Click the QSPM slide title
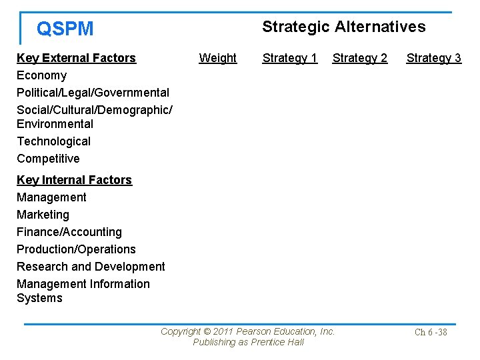tap(65, 29)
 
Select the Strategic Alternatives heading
tap(343, 27)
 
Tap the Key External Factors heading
tap(76, 58)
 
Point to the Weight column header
tap(217, 58)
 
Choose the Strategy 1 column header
tap(289, 58)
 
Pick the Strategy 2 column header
tap(359, 58)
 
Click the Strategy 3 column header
tap(433, 58)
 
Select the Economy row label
tap(41, 75)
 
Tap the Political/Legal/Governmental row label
tap(93, 93)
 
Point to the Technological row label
tap(53, 141)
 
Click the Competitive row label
tap(48, 159)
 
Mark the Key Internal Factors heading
tap(74, 180)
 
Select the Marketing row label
tap(43, 215)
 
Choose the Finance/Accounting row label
tap(69, 232)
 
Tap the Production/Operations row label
tap(76, 249)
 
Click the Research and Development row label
tap(91, 267)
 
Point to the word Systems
tap(39, 298)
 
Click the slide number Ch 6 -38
tap(431, 332)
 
